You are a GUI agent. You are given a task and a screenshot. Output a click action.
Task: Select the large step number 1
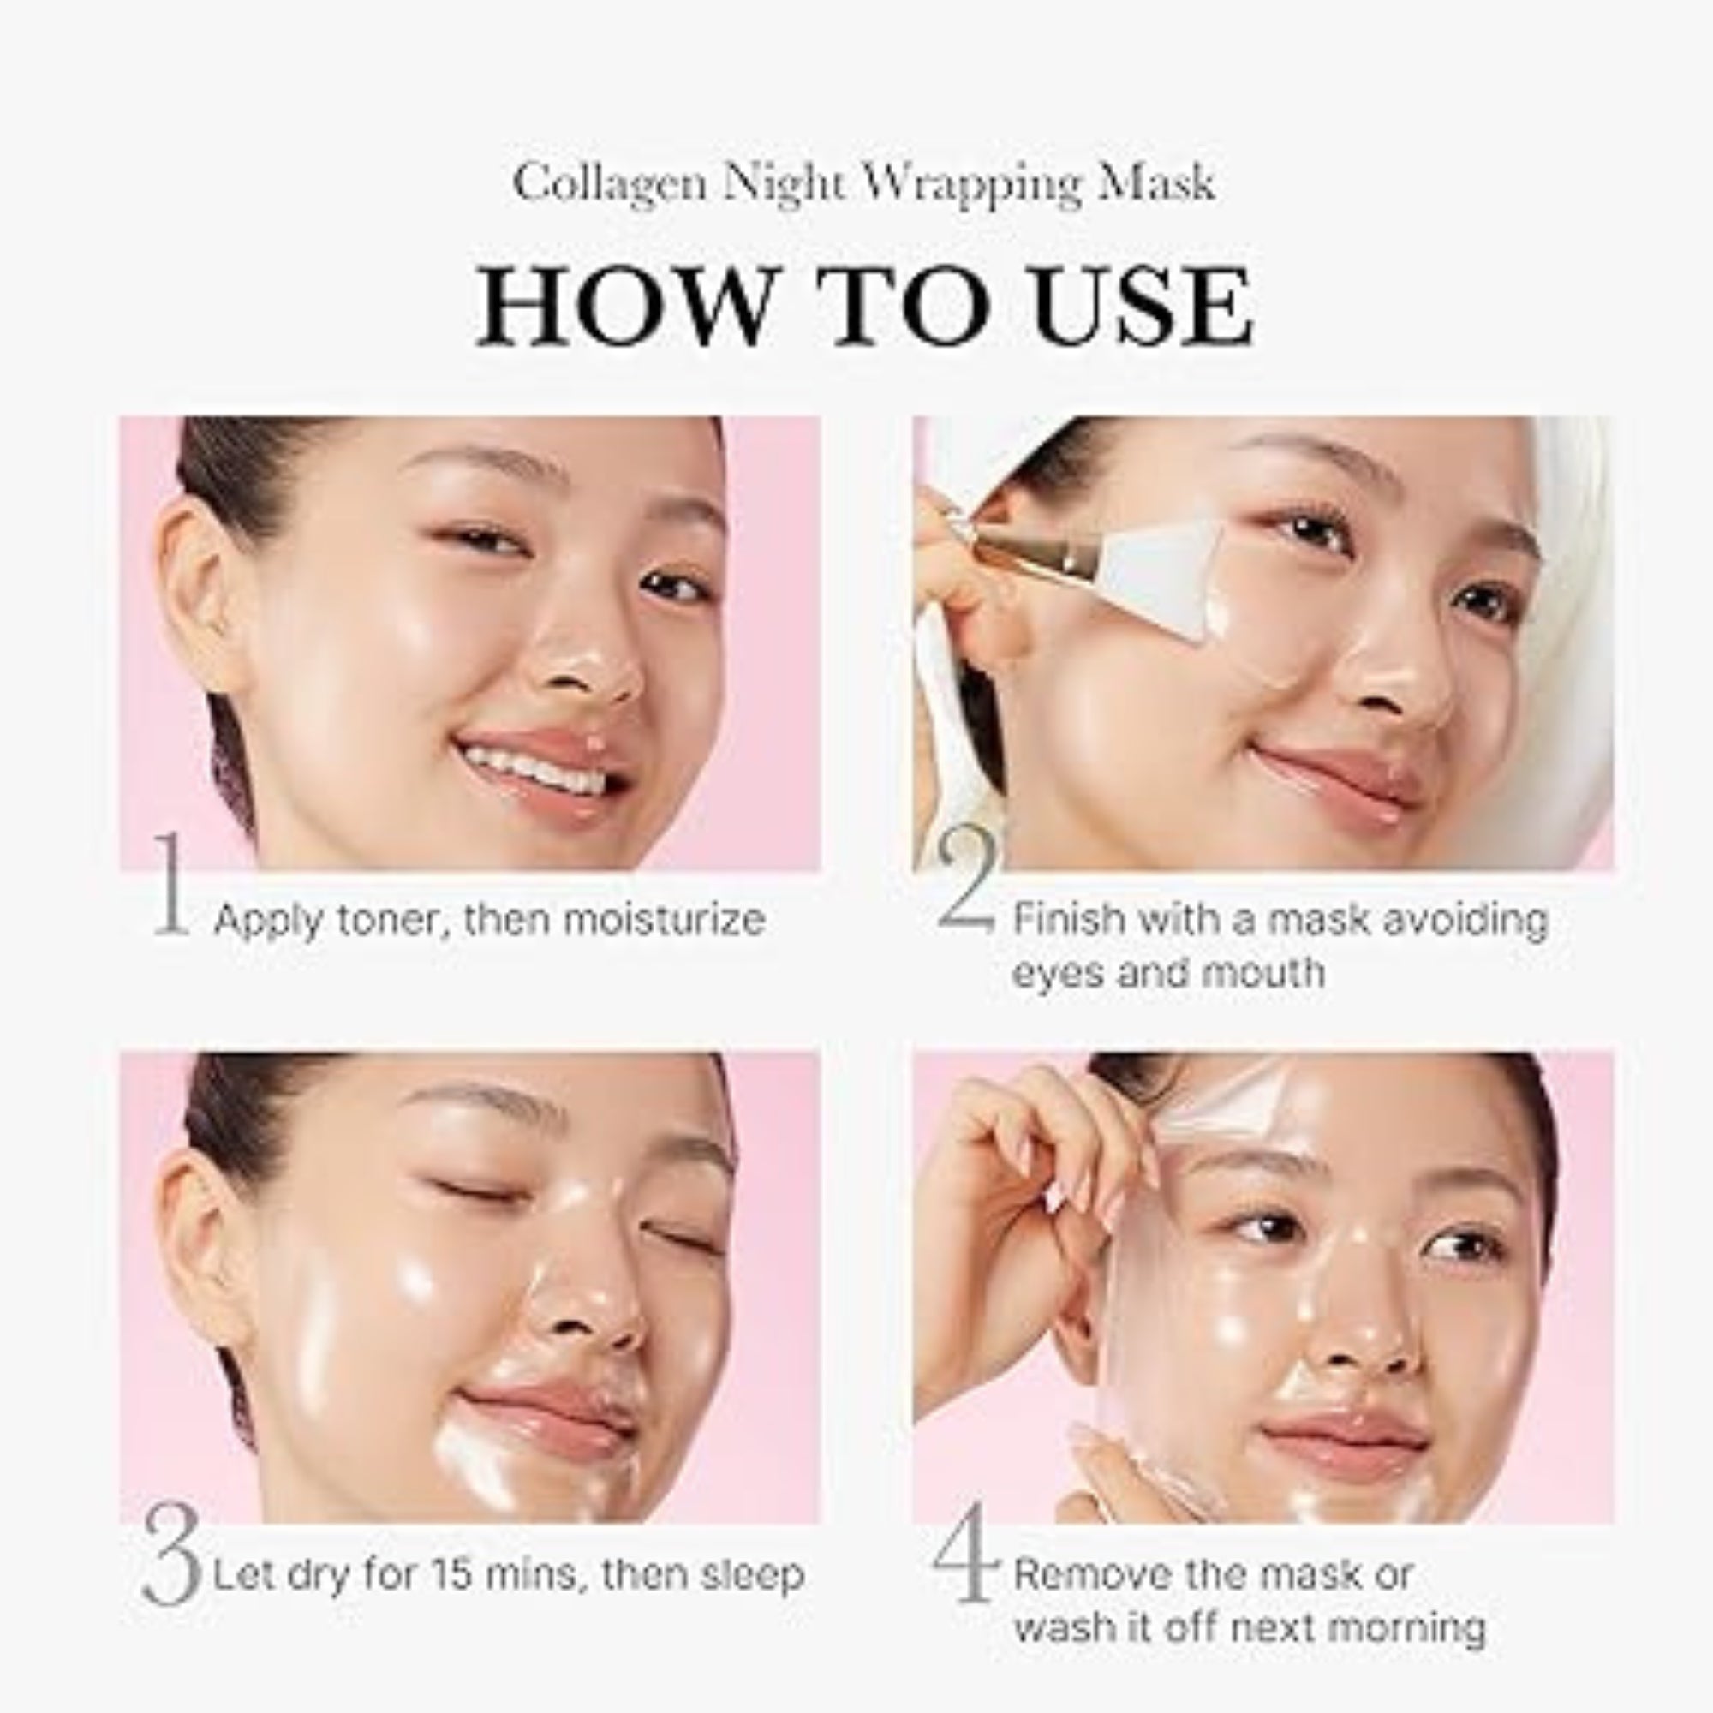tap(171, 883)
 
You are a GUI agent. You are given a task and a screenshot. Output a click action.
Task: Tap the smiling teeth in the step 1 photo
tap(528, 770)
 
